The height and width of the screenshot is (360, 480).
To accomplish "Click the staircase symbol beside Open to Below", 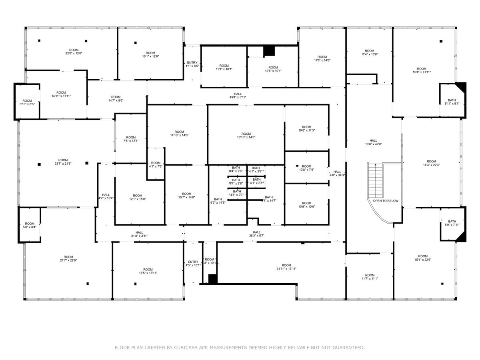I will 376,180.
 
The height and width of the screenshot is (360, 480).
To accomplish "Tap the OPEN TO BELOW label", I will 386,201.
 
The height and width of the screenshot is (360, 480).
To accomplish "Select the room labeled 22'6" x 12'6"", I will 71,51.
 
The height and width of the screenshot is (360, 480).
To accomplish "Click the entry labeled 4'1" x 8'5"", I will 192,64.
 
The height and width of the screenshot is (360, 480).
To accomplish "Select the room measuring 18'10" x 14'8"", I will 246,135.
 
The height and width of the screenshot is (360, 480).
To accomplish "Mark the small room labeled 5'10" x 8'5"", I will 27,102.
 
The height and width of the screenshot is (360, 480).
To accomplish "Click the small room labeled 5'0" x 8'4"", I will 30,225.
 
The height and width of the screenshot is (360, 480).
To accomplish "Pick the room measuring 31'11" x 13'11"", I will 286,267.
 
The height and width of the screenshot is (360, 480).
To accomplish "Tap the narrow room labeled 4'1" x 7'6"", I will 156,164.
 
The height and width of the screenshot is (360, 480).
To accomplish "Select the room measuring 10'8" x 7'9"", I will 306,168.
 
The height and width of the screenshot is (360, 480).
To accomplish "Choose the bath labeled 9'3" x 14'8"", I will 218,201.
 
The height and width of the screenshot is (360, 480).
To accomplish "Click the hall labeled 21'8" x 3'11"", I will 139,234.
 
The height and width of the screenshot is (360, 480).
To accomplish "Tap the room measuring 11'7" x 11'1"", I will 370,277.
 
